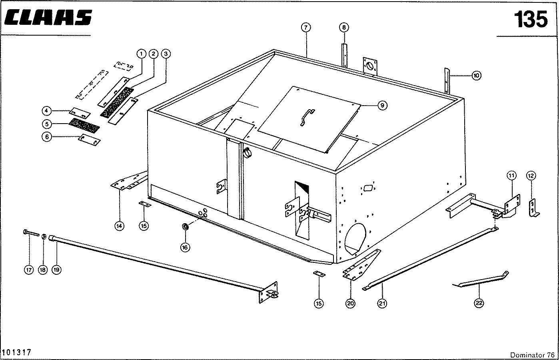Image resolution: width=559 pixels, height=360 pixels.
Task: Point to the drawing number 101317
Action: coord(17,352)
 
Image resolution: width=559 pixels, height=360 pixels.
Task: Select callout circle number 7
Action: coord(306,28)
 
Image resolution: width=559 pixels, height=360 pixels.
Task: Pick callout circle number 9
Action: coord(382,105)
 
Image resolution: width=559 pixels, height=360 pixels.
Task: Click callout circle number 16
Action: coord(185,248)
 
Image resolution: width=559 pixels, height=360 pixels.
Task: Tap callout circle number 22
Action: coord(479,304)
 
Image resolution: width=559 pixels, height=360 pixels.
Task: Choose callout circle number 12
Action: coord(531,175)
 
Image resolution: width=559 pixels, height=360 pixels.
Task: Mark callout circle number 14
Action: coord(119,226)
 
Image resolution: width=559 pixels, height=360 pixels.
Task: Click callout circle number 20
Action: coord(350,304)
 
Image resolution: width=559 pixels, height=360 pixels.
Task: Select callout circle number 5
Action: coord(46,123)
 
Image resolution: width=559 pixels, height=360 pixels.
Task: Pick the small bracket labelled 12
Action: coord(533,208)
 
